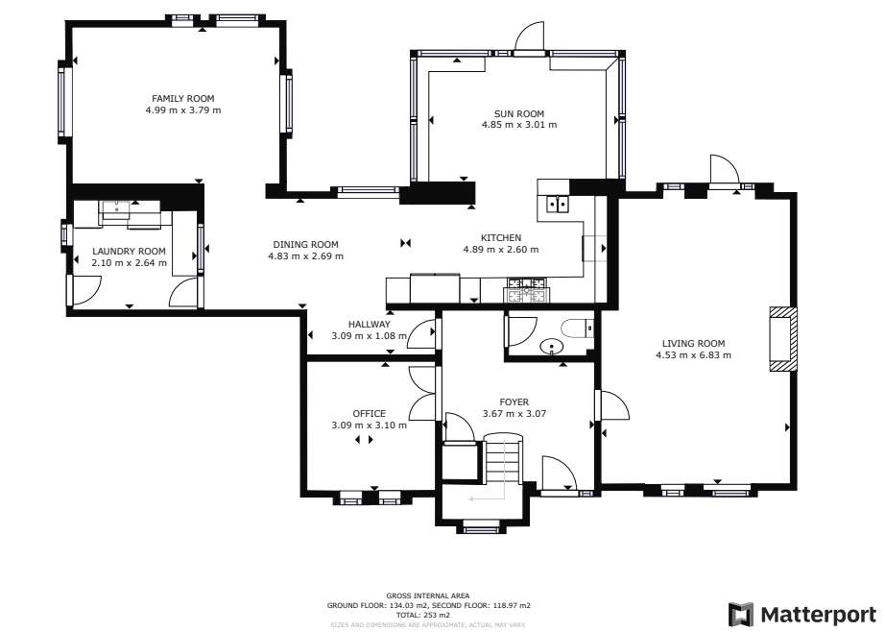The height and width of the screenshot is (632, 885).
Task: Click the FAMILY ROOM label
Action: (x=182, y=98)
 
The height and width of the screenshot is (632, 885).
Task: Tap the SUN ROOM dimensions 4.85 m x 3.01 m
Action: (x=518, y=124)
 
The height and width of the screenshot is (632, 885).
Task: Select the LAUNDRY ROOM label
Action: (x=129, y=251)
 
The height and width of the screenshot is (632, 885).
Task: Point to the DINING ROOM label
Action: (x=305, y=244)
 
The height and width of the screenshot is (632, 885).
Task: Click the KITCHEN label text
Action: (x=500, y=237)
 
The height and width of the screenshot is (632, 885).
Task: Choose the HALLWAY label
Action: (x=369, y=325)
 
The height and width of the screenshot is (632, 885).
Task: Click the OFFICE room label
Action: (x=369, y=414)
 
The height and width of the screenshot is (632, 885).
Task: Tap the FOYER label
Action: (x=514, y=402)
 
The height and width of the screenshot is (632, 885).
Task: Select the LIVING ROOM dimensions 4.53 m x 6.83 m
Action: (x=693, y=355)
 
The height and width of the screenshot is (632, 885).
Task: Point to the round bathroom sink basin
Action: (x=553, y=347)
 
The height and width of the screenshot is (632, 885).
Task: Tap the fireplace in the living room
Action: (x=781, y=339)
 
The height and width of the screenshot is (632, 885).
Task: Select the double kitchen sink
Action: (x=556, y=203)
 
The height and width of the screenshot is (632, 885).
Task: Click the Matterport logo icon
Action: (x=740, y=614)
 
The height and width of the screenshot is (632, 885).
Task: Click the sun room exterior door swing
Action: (x=529, y=37)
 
